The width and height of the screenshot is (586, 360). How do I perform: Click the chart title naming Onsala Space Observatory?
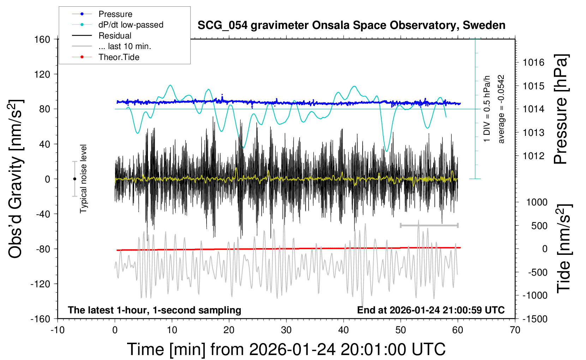click(x=351, y=25)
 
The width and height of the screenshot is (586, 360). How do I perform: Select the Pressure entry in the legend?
click(x=115, y=14)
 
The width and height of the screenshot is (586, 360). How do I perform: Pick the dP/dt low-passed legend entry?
click(x=131, y=25)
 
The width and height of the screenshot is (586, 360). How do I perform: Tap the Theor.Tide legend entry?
click(x=119, y=57)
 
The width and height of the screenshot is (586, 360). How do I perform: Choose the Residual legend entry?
click(x=115, y=36)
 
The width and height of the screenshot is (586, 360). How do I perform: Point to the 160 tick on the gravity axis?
click(x=42, y=39)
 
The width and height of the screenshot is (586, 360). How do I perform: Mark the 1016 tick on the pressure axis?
click(x=534, y=62)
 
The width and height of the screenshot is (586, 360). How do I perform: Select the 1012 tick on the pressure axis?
click(x=534, y=156)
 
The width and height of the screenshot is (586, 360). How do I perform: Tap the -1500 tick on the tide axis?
click(x=535, y=319)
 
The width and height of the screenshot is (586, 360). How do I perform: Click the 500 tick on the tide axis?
click(x=539, y=226)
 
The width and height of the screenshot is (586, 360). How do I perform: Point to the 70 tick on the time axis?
click(x=515, y=330)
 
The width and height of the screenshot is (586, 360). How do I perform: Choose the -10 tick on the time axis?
click(x=58, y=330)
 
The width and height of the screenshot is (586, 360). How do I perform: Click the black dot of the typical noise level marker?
click(x=74, y=179)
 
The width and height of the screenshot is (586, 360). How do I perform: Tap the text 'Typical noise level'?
click(x=83, y=179)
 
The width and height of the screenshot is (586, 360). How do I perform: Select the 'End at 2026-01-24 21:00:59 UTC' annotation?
click(x=431, y=310)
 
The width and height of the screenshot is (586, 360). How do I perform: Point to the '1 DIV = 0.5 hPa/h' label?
click(x=487, y=109)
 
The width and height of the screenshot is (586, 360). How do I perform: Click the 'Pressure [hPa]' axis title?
click(x=561, y=109)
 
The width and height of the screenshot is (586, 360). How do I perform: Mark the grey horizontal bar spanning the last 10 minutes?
click(x=429, y=225)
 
